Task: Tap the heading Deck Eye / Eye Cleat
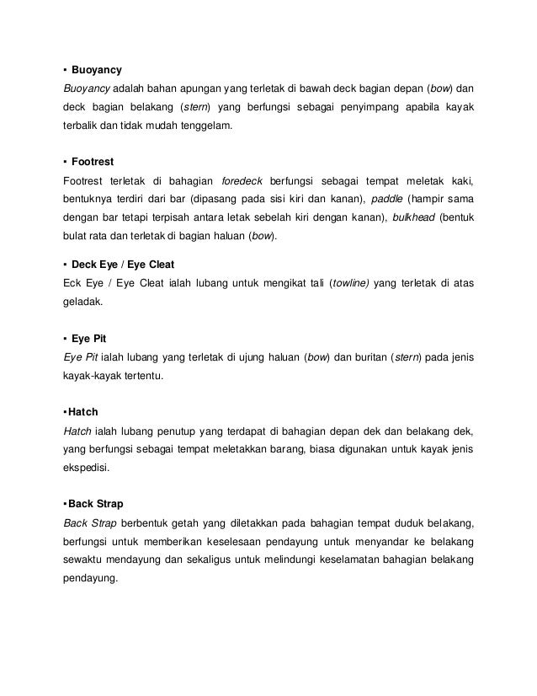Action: point(124,265)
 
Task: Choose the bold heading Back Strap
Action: point(96,504)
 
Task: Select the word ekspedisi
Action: point(87,470)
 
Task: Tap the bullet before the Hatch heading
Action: point(65,412)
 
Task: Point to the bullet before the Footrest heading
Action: point(65,161)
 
